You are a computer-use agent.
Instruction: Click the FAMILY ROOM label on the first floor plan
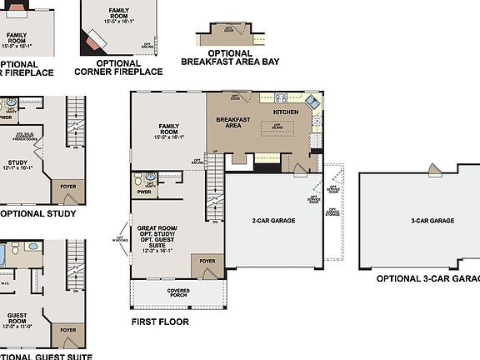(x=168, y=129)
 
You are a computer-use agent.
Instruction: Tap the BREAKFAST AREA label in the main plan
(x=228, y=122)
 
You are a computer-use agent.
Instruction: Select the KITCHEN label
(x=286, y=111)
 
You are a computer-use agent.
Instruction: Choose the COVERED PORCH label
(x=178, y=292)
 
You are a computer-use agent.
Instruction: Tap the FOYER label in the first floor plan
(x=207, y=261)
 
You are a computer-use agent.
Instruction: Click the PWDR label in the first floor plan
(x=143, y=192)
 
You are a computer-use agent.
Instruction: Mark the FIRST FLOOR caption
(x=160, y=322)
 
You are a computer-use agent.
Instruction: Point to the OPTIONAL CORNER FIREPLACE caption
(x=117, y=67)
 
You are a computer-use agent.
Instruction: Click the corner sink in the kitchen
(x=311, y=102)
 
